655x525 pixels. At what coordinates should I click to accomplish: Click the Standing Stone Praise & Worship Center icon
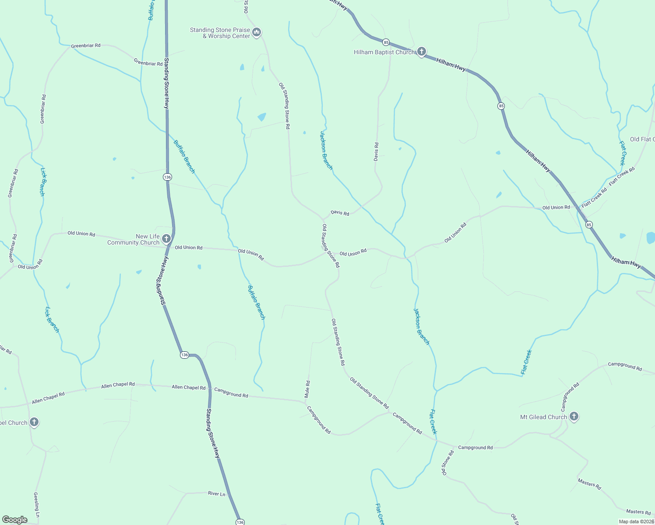[257, 32]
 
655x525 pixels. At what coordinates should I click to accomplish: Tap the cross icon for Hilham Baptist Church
[421, 52]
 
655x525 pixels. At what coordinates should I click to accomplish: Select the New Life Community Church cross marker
[166, 238]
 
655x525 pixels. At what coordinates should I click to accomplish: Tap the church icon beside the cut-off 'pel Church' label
[34, 422]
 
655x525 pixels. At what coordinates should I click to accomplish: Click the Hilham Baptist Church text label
[384, 52]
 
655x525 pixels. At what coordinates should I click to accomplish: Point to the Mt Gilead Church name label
[543, 417]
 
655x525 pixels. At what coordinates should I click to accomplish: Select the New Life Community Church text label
[134, 239]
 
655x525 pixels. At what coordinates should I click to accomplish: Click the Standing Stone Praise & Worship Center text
[220, 33]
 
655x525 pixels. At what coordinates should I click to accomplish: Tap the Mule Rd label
[307, 389]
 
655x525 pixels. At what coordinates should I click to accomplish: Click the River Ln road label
[216, 493]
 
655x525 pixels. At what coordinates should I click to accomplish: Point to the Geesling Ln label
[37, 504]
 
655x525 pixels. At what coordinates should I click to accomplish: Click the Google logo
[15, 519]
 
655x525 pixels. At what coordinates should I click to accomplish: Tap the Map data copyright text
[636, 521]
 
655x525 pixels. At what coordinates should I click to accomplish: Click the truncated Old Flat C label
[642, 139]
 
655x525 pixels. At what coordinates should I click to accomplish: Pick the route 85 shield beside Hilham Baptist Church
[386, 42]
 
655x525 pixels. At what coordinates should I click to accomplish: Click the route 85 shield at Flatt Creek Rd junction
[589, 224]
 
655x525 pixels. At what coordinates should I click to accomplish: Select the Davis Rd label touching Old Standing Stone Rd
[340, 213]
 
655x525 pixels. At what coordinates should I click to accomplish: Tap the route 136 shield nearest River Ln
[240, 522]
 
